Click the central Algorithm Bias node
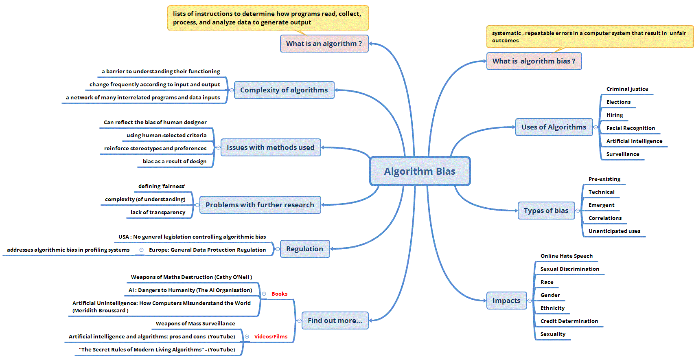point(420,171)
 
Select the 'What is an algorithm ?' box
point(324,44)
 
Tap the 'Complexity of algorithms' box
point(284,90)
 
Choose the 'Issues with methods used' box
point(270,147)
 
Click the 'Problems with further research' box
point(260,205)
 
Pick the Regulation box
point(305,249)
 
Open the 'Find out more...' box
point(335,320)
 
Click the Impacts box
point(506,301)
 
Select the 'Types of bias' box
point(546,211)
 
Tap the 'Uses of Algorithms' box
point(554,127)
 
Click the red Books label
point(280,294)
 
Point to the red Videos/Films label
point(271,336)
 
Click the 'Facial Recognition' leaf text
point(631,128)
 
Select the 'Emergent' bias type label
point(601,205)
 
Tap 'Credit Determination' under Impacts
point(569,321)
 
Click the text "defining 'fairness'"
point(162,186)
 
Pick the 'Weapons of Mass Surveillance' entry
point(195,323)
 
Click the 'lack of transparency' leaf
point(158,212)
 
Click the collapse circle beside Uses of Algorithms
point(595,127)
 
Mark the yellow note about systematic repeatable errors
point(589,37)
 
